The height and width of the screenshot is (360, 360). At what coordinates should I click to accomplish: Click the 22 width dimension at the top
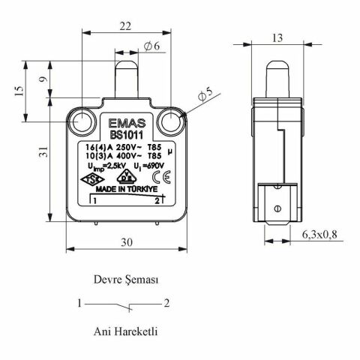(124, 25)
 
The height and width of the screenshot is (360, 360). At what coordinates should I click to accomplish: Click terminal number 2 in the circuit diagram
(167, 304)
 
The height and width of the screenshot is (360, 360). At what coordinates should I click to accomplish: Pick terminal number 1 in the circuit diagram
(79, 304)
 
